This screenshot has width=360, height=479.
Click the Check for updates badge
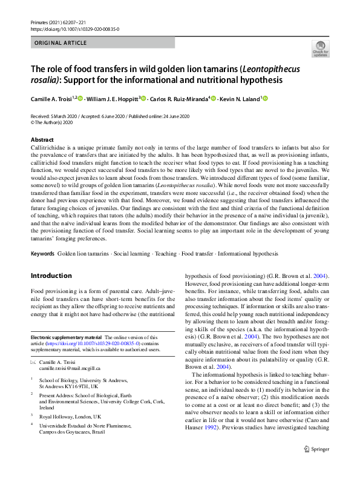tap(320, 48)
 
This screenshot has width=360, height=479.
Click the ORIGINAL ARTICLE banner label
tap(60, 43)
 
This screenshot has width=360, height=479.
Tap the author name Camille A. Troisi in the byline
tap(51, 99)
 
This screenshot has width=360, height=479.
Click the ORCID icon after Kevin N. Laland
tap(264, 98)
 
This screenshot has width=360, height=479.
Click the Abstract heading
tap(42, 140)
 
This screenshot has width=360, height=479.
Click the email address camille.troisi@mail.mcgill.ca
tap(70, 368)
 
